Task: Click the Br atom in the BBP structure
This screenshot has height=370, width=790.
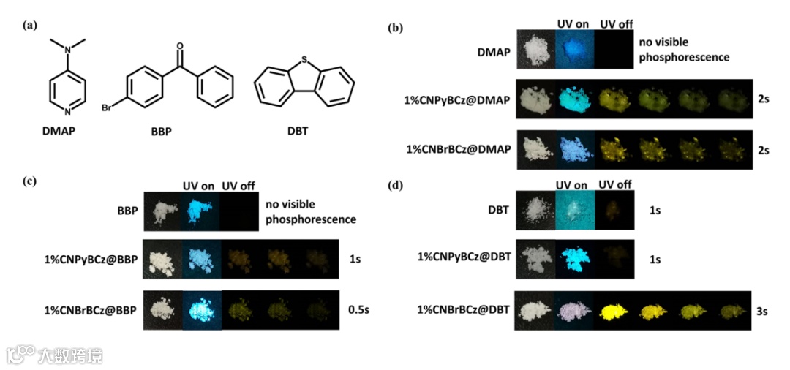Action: click(x=107, y=108)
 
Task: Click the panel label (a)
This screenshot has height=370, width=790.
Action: click(x=29, y=26)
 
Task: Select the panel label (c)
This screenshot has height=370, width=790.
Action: click(x=29, y=183)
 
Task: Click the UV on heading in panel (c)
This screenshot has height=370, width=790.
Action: click(x=198, y=186)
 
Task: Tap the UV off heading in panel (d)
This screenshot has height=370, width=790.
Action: click(x=615, y=186)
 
